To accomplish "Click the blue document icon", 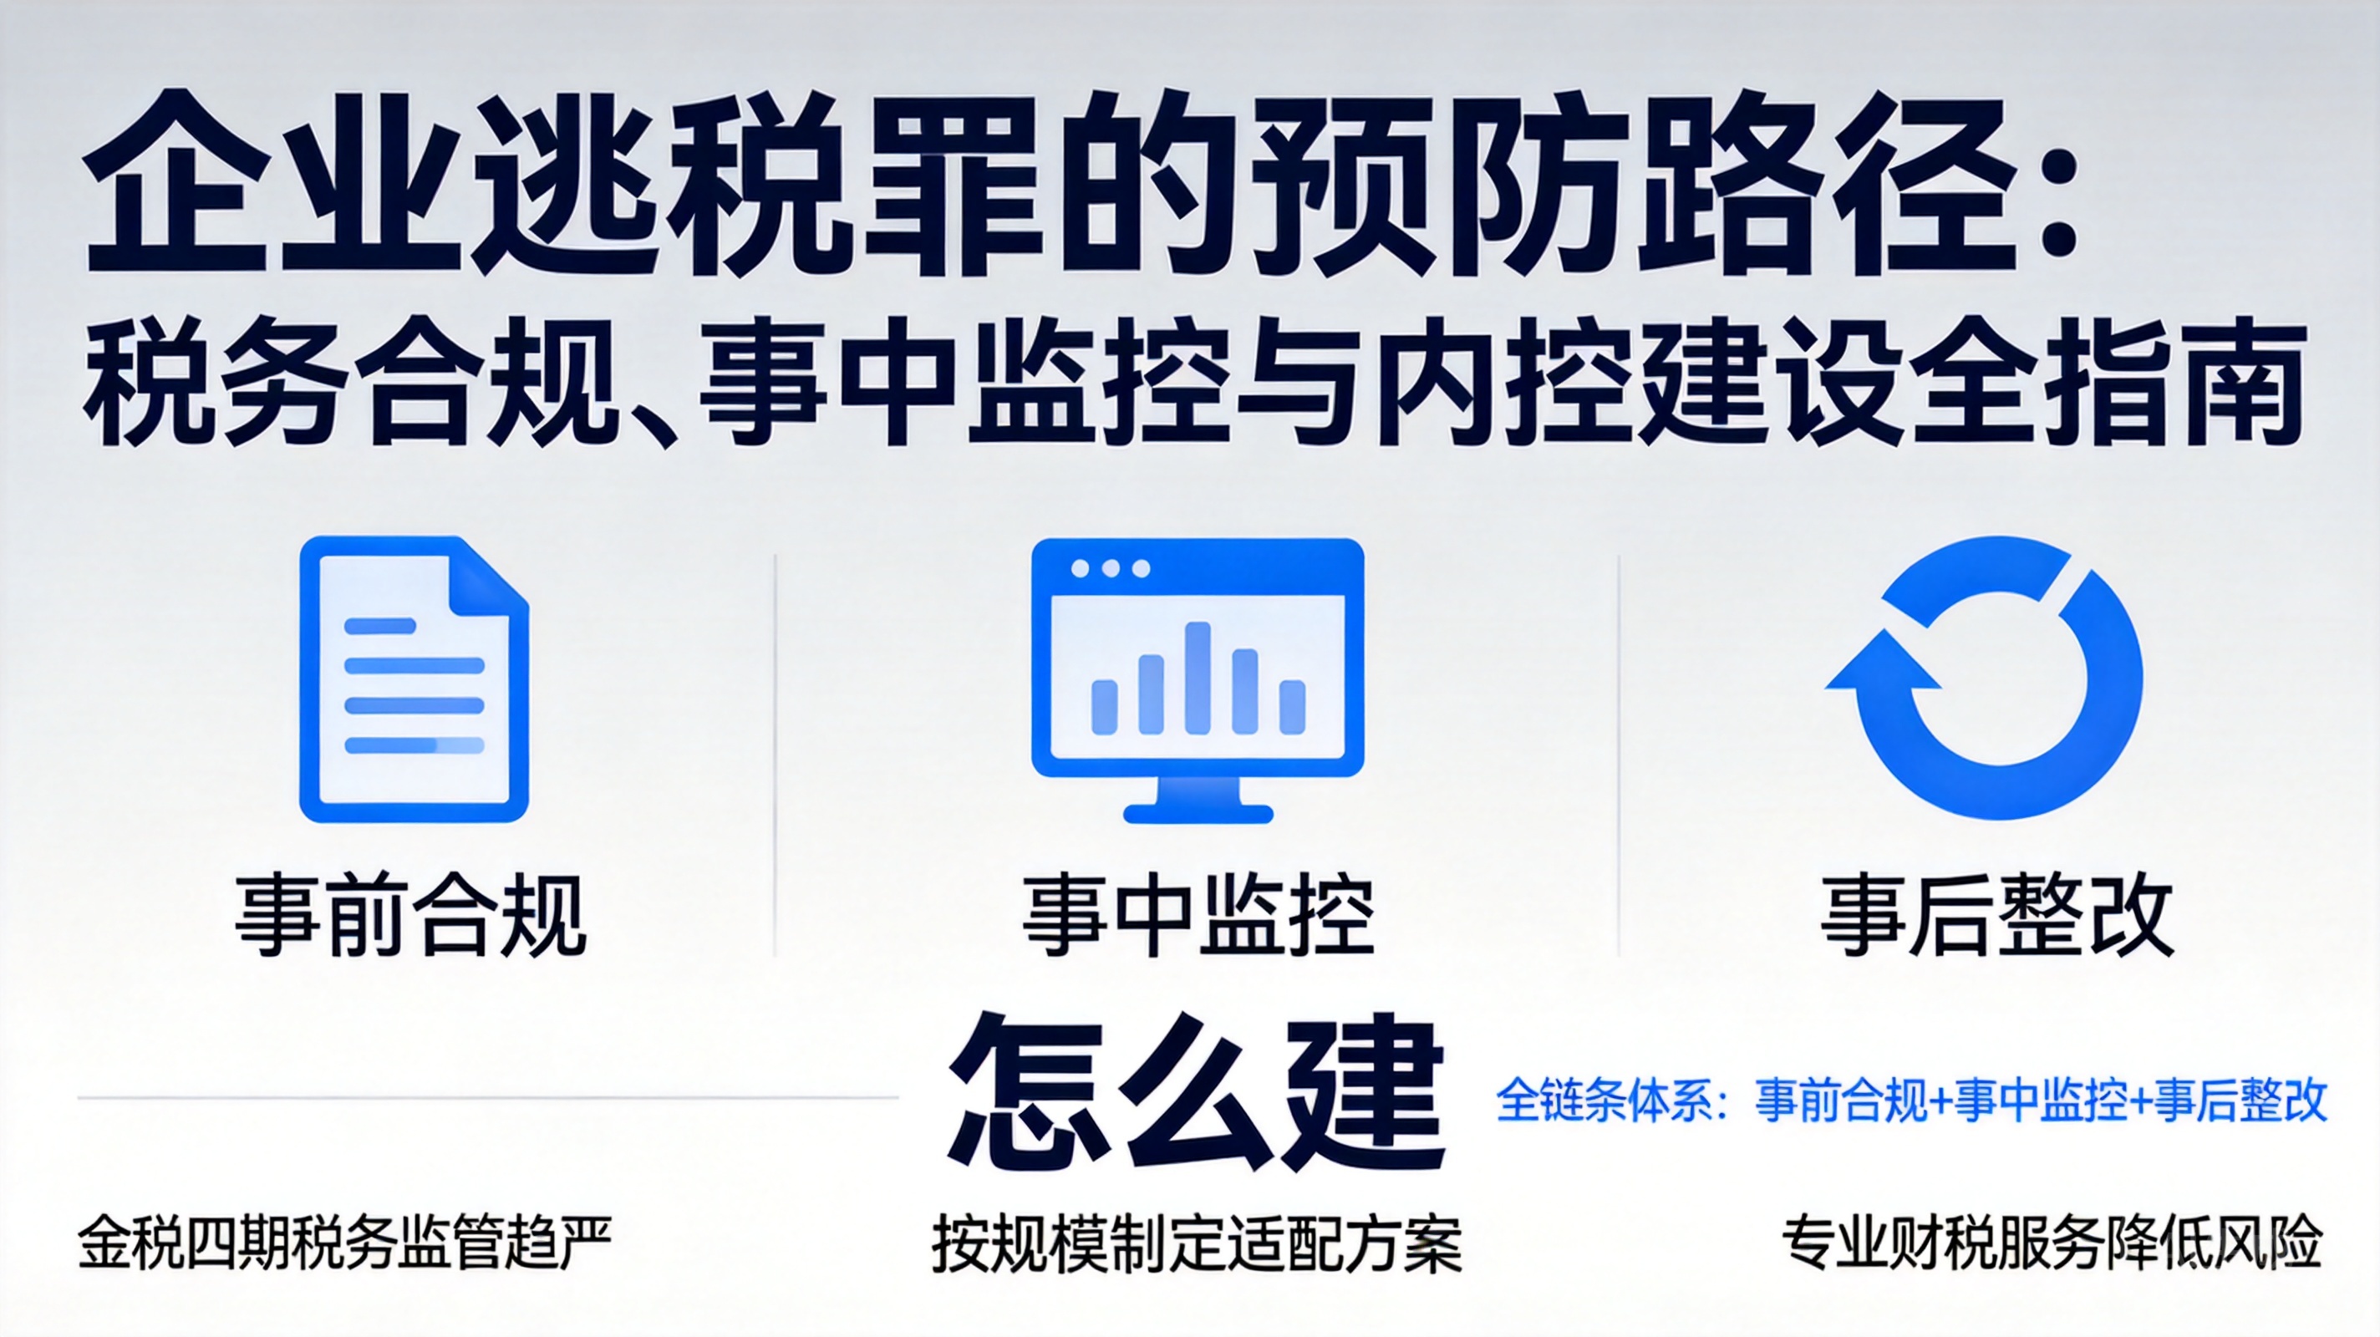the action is tap(414, 679).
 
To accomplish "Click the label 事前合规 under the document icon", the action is tap(411, 915).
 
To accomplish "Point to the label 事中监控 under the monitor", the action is tap(1198, 915).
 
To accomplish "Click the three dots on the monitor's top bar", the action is tap(1110, 567).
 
